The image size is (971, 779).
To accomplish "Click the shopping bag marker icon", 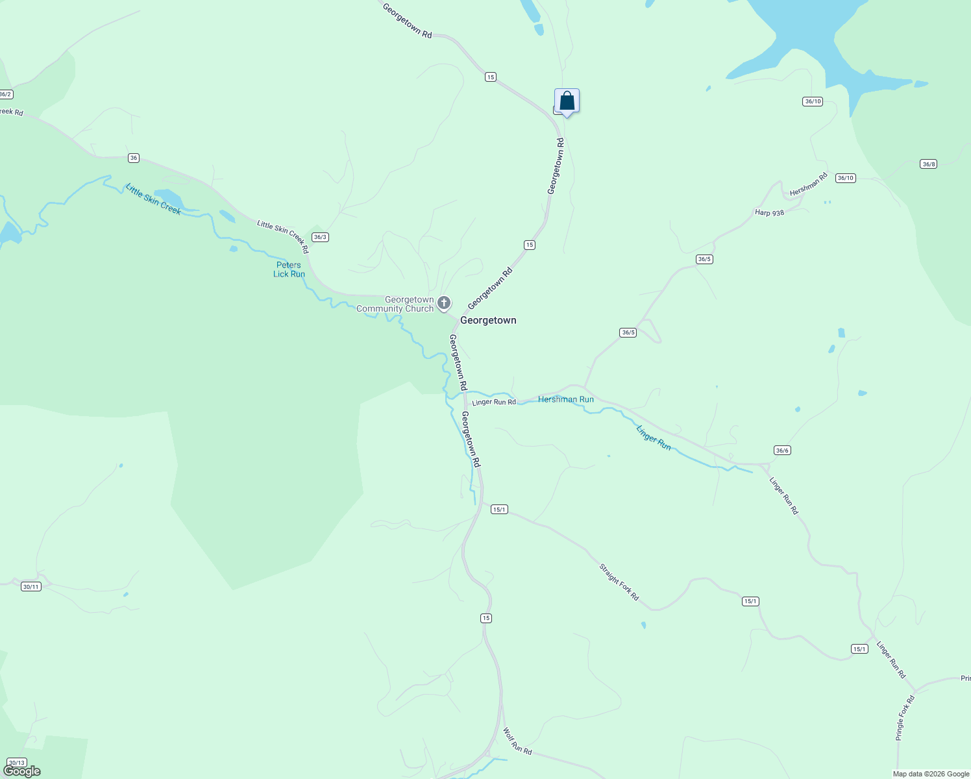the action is (567, 101).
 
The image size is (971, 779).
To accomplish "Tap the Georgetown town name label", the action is (488, 320).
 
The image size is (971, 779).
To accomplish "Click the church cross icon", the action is (444, 303).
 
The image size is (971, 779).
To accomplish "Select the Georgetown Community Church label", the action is (395, 304).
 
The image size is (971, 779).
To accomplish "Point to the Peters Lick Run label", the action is (289, 269).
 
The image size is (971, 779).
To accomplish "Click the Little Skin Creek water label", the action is (153, 199).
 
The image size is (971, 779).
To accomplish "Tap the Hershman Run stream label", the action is (565, 399).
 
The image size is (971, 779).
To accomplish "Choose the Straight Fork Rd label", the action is (619, 582).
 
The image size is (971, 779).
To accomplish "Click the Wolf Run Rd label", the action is (517, 741).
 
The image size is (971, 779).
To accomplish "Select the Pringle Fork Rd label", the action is (904, 718).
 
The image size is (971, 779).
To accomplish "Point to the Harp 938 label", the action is (769, 213).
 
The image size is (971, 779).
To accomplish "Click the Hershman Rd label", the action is (809, 184).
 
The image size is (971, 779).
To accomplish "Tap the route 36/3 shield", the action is (320, 237).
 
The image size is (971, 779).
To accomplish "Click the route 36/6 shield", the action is (782, 450).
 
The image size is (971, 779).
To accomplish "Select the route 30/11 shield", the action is (31, 587).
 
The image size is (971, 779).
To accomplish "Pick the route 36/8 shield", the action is (928, 164).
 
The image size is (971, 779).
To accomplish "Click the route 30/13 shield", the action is (17, 763).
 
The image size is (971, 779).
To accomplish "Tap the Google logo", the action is (21, 771).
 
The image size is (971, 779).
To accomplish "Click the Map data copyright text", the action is (931, 774).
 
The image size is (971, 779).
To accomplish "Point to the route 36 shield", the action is (134, 158).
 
